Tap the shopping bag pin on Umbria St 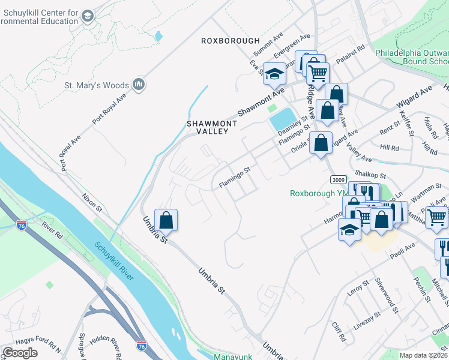point(166,220)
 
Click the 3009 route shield point(337,179)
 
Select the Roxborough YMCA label point(318,193)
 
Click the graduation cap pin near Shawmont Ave point(274,74)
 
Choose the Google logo point(20,352)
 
